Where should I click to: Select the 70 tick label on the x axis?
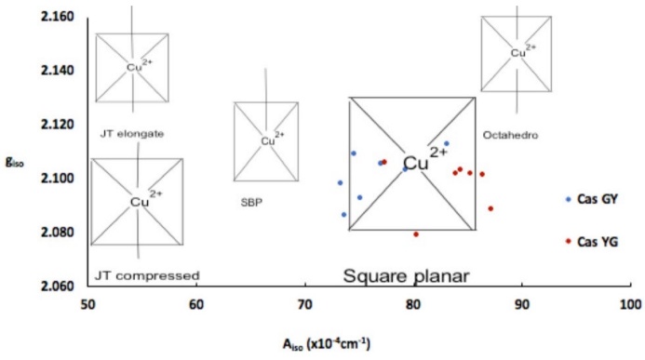pyautogui.click(x=304, y=306)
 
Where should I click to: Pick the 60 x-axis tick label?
pyautogui.click(x=195, y=306)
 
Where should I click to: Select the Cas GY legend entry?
pyautogui.click(x=597, y=199)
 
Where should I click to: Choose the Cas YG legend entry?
pyautogui.click(x=597, y=242)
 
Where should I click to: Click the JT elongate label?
pyautogui.click(x=132, y=134)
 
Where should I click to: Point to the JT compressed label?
pyautogui.click(x=148, y=275)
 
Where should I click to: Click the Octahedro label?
pyautogui.click(x=510, y=136)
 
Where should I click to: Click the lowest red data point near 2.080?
pyautogui.click(x=416, y=234)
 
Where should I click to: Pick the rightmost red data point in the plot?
pyautogui.click(x=490, y=208)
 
